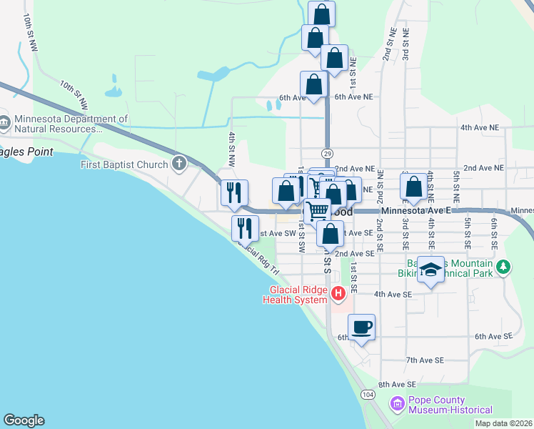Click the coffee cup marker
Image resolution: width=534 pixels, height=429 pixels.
[362, 327]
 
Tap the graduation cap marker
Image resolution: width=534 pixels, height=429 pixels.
[430, 269]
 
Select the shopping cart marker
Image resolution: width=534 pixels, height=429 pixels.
[318, 211]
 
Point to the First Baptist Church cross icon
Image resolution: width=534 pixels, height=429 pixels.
[178, 164]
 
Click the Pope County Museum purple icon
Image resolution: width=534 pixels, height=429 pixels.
[397, 405]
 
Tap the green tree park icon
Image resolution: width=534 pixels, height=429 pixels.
[504, 267]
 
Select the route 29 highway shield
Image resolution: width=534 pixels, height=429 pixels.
[327, 153]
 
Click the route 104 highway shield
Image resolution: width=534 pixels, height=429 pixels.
[368, 394]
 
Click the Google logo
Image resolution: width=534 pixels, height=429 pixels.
[24, 420]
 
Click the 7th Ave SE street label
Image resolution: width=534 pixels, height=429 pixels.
[425, 360]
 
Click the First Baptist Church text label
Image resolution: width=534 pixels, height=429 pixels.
[124, 164]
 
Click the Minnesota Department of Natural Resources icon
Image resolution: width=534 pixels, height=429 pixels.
[4, 124]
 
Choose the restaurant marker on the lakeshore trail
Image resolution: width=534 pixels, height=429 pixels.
[245, 228]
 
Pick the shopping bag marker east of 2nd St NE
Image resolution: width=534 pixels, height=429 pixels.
[414, 187]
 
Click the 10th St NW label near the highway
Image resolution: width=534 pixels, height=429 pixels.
[74, 95]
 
